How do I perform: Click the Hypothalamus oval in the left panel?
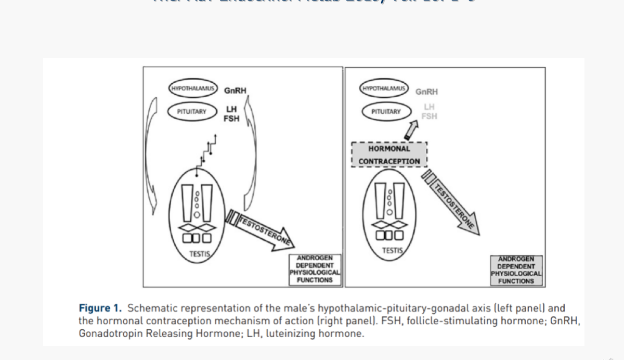193,89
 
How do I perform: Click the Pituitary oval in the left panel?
192,111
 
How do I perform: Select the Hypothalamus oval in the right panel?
384,89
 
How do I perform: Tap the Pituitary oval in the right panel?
386,111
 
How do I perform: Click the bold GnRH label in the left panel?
235,91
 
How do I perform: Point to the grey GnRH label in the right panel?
426,92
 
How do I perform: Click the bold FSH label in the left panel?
232,118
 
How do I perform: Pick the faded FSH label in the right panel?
429,116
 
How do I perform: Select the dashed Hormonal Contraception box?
389,155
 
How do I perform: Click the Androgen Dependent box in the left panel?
315,269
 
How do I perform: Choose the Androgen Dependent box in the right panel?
516,270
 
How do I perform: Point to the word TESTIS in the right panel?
393,250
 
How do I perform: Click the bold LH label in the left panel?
232,109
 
